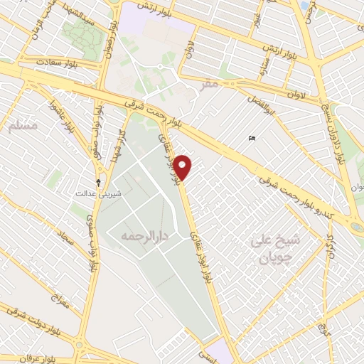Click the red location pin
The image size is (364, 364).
pyautogui.click(x=183, y=166)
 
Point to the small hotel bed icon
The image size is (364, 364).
pyautogui.click(x=252, y=138)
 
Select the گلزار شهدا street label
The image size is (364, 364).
pyautogui.click(x=115, y=145)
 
